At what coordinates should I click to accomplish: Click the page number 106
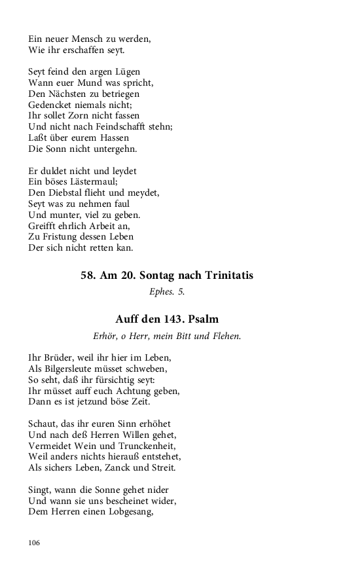click(x=35, y=543)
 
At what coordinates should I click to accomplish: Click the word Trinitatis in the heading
click(x=226, y=276)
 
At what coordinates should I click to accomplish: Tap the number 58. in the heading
click(x=88, y=276)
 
